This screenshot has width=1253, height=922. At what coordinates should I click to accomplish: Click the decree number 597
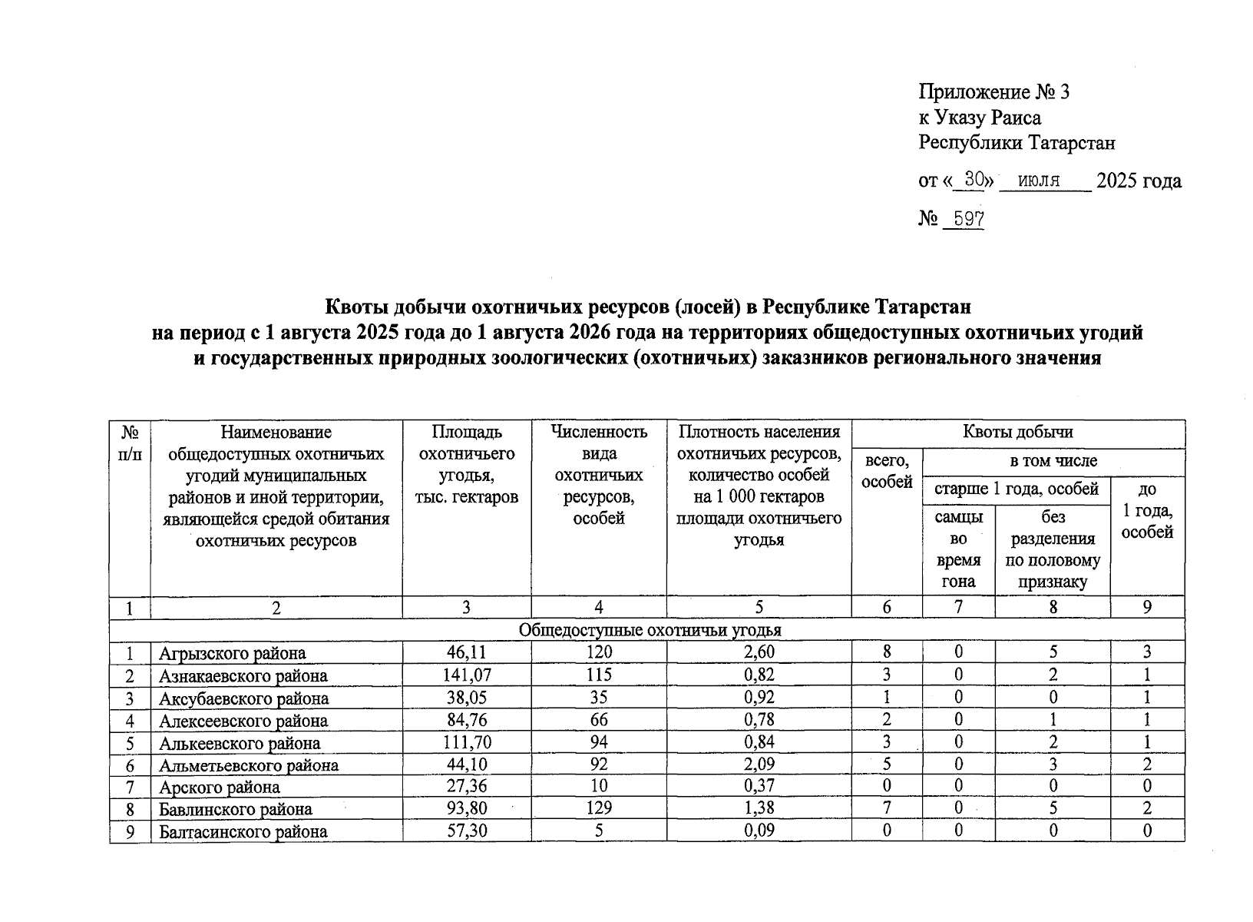964,219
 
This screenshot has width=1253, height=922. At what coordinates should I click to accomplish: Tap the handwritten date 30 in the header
974,180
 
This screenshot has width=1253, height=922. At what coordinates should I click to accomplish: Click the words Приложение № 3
993,93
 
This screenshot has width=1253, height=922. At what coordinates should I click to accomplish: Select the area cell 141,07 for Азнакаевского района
466,675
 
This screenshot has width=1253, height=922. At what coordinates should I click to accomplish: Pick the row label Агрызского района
232,654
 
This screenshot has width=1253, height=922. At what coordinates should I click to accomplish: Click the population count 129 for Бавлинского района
598,808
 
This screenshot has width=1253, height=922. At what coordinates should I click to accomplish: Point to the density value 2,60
759,652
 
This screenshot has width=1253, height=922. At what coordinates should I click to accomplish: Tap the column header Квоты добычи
1017,432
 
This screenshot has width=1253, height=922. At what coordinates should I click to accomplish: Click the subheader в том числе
1053,461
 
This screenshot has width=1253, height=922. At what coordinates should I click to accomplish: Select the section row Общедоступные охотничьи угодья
650,630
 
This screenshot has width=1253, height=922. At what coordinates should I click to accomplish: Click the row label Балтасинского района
243,831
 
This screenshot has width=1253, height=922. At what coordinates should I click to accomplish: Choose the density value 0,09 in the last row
759,831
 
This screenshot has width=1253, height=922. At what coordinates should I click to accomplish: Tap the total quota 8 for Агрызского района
887,652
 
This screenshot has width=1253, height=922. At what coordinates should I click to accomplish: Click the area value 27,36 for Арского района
466,787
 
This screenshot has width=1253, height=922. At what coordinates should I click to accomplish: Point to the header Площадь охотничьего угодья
466,464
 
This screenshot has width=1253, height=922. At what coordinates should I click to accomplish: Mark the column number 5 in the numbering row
759,608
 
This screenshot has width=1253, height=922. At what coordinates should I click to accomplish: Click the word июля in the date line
1038,181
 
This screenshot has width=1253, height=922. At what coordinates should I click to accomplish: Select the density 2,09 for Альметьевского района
759,764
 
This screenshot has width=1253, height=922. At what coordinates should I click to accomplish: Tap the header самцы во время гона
958,549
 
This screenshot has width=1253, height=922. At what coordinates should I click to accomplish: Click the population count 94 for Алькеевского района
598,742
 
